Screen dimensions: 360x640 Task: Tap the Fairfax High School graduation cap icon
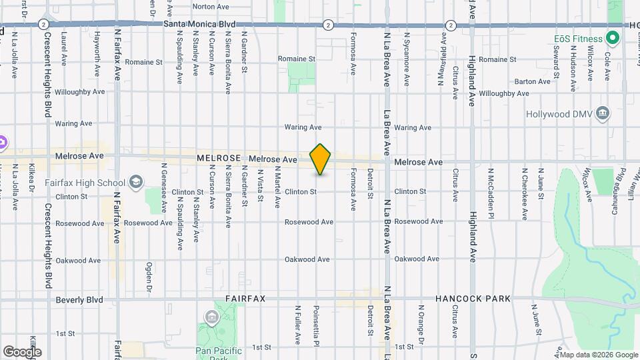pos(136,182)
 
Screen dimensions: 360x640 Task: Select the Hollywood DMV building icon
pos(603,113)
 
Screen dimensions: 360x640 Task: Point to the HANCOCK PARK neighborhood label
pos(473,299)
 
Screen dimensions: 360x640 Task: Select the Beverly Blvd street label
pos(79,300)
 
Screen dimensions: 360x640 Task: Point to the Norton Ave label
pos(210,7)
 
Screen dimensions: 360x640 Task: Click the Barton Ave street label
pos(533,81)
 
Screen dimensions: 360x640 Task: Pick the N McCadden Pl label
pos(490,193)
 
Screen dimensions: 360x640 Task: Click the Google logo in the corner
pos(22,351)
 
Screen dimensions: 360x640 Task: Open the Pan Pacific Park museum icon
pos(211,317)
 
